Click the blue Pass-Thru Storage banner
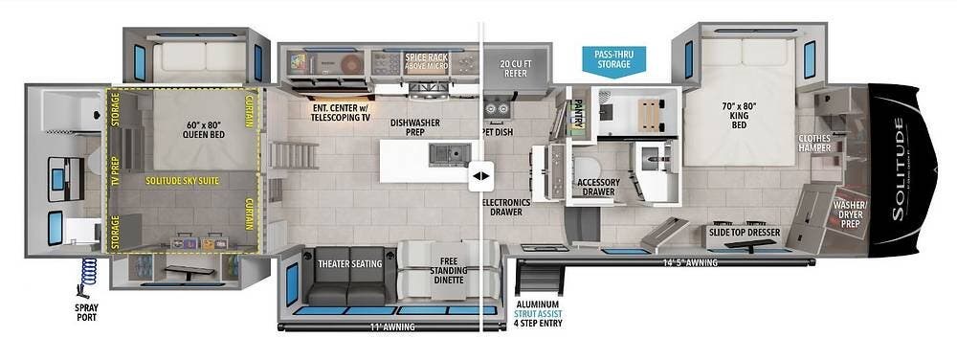click(x=612, y=61)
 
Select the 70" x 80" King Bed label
click(x=739, y=114)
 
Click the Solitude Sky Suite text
click(x=182, y=181)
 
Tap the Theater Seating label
click(x=349, y=264)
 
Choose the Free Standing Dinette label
click(x=451, y=270)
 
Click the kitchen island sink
click(x=449, y=155)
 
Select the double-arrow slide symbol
click(x=481, y=176)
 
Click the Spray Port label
click(x=86, y=312)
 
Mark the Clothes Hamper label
click(x=814, y=143)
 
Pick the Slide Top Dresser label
click(x=744, y=233)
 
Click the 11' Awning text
click(x=391, y=327)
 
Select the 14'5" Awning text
click(x=692, y=263)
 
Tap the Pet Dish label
click(x=498, y=131)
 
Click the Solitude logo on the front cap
click(x=899, y=169)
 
